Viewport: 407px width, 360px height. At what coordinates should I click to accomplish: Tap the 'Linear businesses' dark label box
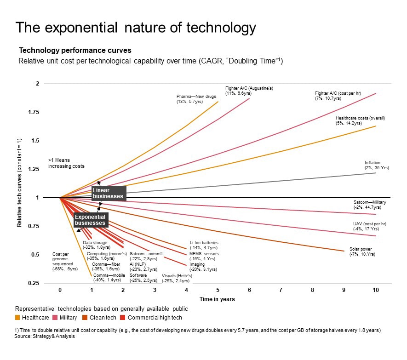pos(108,193)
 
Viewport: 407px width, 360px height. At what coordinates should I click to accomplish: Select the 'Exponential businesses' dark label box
pos(91,220)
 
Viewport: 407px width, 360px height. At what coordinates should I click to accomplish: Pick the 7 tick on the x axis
pos(281,290)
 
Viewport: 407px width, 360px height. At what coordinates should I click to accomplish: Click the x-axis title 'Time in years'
pos(217,299)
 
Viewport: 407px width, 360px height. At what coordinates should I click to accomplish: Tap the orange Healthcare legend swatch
pos(18,317)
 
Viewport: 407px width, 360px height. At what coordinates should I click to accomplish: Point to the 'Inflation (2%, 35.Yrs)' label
pos(377,165)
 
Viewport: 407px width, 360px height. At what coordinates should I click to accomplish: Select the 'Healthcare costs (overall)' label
pos(360,120)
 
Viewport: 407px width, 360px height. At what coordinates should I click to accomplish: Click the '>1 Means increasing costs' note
pos(66,163)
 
